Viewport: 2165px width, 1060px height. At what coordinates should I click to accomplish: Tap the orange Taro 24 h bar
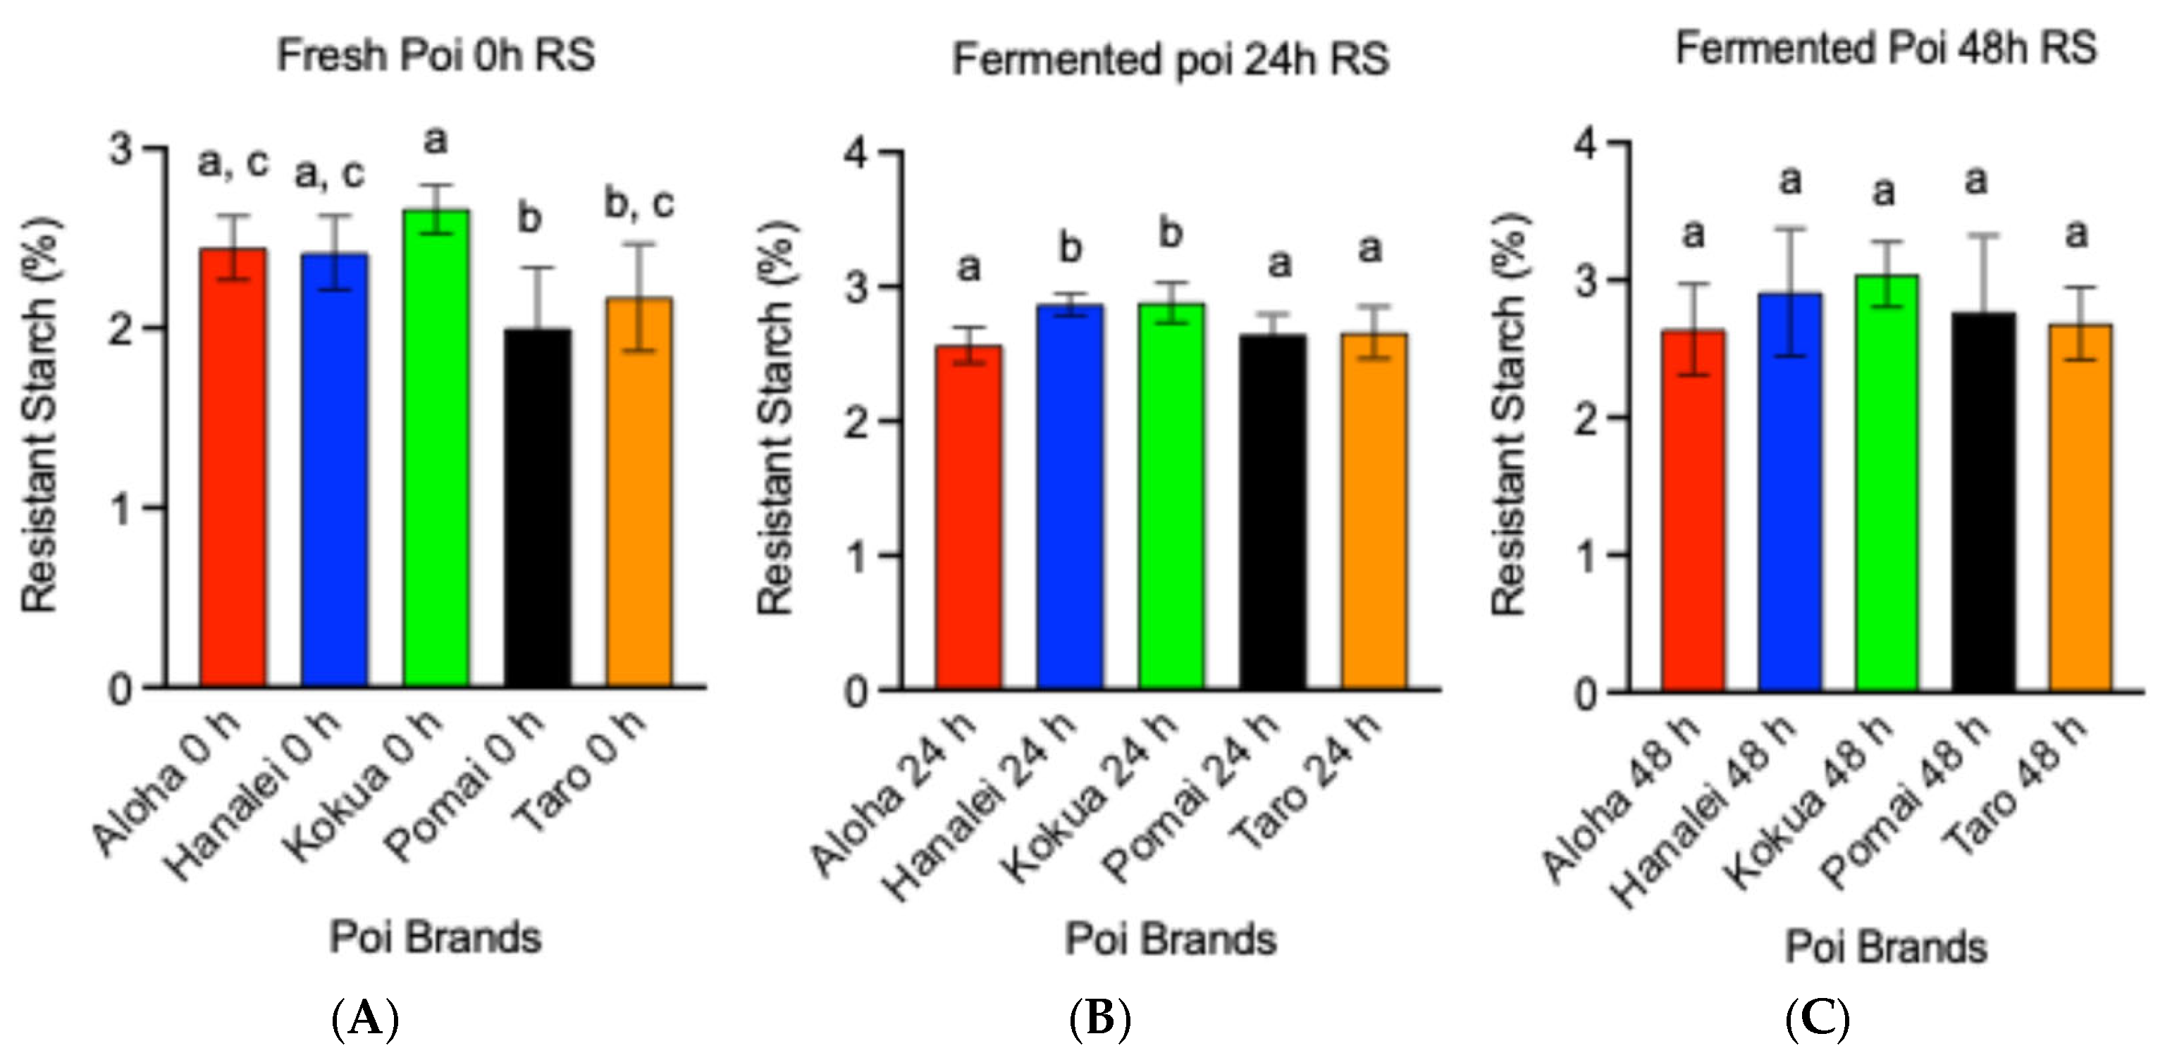tap(1374, 512)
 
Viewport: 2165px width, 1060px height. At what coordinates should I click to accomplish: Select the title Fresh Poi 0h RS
tap(436, 56)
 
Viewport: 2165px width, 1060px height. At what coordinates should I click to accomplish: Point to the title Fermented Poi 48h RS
tap(1886, 48)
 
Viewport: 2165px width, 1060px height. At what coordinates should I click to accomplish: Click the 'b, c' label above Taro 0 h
tap(640, 204)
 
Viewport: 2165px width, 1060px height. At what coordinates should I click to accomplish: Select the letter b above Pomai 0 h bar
tap(529, 219)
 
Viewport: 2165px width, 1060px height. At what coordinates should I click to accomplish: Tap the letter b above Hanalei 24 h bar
tap(1070, 248)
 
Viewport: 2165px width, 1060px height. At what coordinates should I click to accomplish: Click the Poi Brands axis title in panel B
tap(1171, 938)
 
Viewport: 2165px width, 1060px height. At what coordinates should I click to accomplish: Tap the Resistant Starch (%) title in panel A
tap(40, 416)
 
